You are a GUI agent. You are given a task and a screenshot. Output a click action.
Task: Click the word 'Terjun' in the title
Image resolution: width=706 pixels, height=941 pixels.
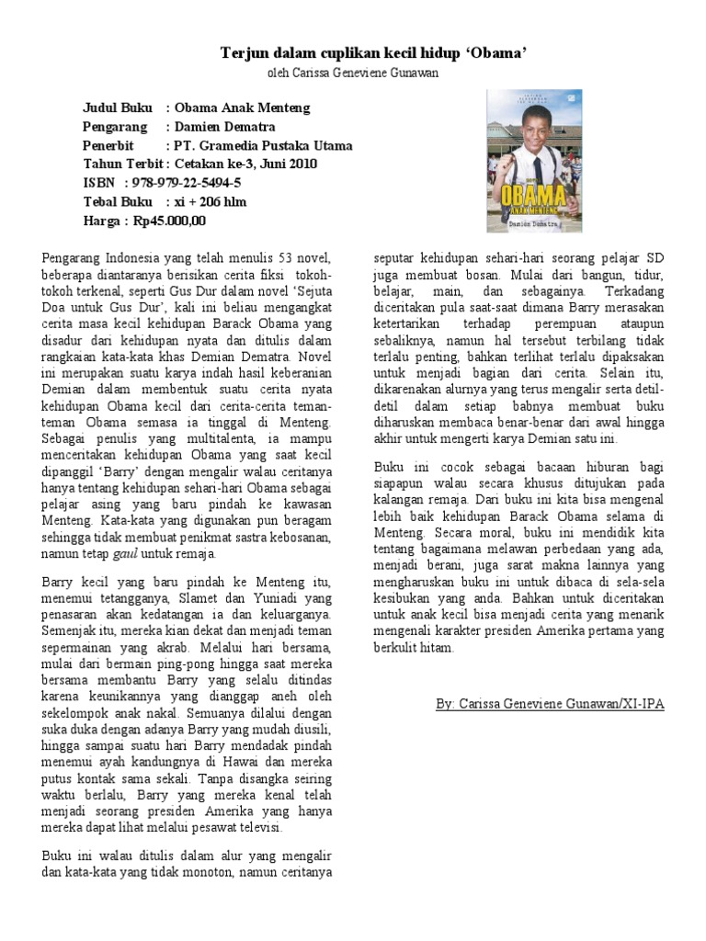(242, 53)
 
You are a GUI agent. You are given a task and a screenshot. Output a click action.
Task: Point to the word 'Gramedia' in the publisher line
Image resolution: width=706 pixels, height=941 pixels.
(227, 145)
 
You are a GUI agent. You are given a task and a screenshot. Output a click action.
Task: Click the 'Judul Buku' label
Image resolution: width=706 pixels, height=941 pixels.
(117, 108)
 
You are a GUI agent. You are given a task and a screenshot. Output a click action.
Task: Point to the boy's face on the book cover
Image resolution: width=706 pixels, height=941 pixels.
(531, 138)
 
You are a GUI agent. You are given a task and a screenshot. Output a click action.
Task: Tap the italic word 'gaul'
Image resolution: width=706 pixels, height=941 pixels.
(124, 554)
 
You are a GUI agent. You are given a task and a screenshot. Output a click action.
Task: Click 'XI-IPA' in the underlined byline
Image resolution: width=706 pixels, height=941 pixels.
(641, 703)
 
